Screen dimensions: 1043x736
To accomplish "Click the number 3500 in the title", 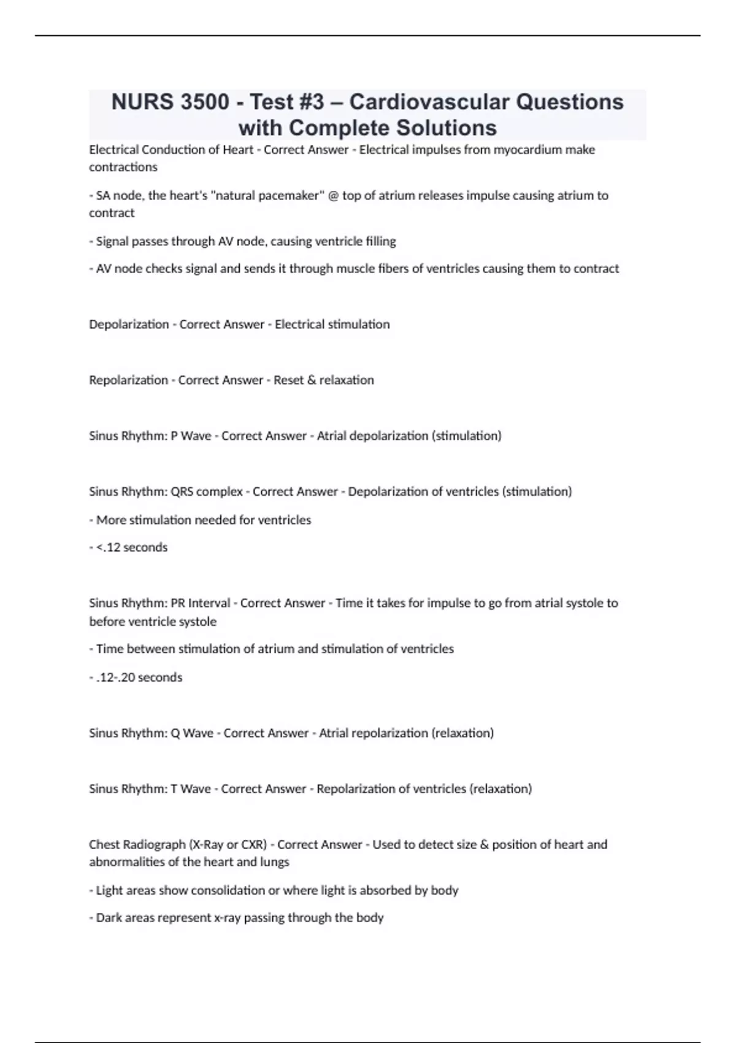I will click(x=205, y=102).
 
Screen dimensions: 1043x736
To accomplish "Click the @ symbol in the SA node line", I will click(x=334, y=196).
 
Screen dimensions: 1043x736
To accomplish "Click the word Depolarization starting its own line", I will click(x=129, y=325).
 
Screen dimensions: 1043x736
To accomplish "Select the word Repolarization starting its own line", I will click(x=128, y=380).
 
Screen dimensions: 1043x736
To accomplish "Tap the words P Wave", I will click(x=191, y=436).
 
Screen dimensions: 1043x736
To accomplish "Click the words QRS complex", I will click(x=207, y=492).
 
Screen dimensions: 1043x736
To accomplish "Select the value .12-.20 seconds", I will click(x=139, y=677).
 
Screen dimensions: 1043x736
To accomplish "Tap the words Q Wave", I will click(x=192, y=733).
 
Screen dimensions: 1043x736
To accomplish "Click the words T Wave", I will click(x=191, y=789).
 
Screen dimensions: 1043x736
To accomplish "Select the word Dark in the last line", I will click(x=109, y=918).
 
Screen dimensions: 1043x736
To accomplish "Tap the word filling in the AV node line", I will click(x=380, y=242).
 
